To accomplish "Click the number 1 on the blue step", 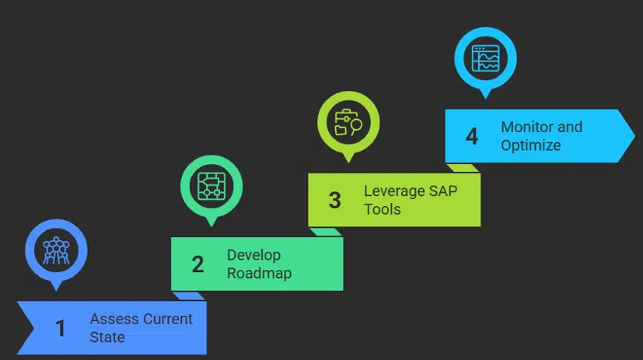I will [61, 329].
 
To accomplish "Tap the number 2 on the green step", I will [197, 264].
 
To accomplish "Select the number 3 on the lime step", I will [334, 201].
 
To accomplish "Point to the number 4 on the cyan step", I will [472, 137].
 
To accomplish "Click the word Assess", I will [113, 320].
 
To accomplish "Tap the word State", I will [107, 337].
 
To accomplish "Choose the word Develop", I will [253, 255].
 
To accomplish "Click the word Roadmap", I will [259, 273].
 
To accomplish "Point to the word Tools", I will [383, 209].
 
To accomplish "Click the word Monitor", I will [529, 127].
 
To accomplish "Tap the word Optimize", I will [531, 145].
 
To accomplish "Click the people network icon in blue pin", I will [56, 250].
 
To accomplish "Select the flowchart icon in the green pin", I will [211, 186].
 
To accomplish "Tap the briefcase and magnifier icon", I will [348, 123].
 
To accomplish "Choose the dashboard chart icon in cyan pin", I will [485, 58].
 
